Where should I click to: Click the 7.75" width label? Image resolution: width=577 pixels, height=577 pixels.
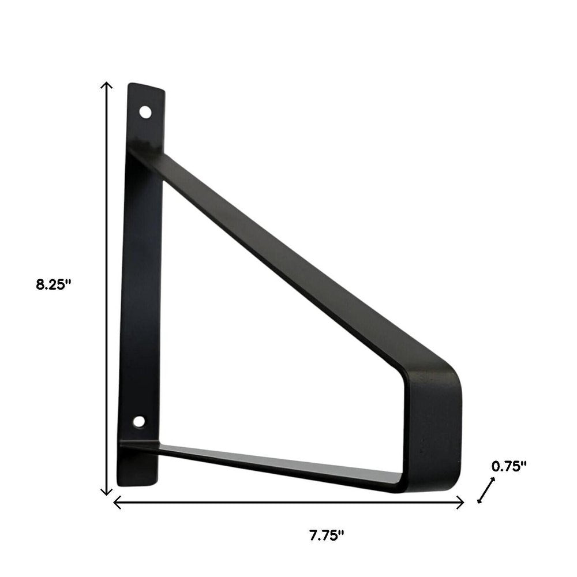(x=326, y=535)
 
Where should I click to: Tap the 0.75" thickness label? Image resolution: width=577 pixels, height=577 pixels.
(x=509, y=466)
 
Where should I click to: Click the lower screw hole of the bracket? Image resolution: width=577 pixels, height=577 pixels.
(x=138, y=421)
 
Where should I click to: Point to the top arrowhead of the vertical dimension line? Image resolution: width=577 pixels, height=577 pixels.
(x=106, y=85)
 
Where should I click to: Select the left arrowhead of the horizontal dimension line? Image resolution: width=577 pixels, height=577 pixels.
(x=116, y=503)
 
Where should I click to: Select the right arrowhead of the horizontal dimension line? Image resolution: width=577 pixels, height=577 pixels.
(x=462, y=503)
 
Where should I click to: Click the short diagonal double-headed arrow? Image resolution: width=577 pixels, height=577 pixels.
(x=486, y=490)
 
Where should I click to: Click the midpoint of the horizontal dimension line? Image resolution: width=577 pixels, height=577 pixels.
(x=288, y=503)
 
